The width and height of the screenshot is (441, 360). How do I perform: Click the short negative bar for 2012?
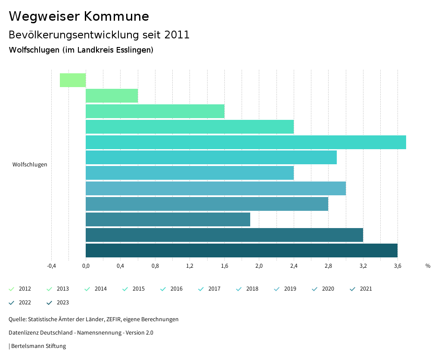(x=73, y=80)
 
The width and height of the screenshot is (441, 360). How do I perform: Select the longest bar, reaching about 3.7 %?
(x=245, y=142)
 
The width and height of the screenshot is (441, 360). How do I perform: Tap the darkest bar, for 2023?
(x=241, y=250)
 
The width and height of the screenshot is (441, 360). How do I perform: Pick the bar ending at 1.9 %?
(x=168, y=219)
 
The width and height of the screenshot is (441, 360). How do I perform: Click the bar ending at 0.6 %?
(x=112, y=96)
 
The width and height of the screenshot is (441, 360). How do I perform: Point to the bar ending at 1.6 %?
(x=155, y=111)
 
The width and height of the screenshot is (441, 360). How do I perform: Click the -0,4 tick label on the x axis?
(x=51, y=266)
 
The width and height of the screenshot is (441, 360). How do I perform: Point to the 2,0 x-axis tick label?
(x=259, y=266)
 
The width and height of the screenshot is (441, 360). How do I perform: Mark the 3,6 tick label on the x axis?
(x=398, y=266)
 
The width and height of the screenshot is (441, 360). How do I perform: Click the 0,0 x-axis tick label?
(x=86, y=266)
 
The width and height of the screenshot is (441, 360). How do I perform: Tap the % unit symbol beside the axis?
(x=428, y=266)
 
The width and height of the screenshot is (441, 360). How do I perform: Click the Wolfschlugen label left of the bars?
(x=30, y=164)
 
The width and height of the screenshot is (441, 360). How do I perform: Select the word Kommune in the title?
(x=116, y=16)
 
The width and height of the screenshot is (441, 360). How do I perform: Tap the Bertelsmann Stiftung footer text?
(x=38, y=346)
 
